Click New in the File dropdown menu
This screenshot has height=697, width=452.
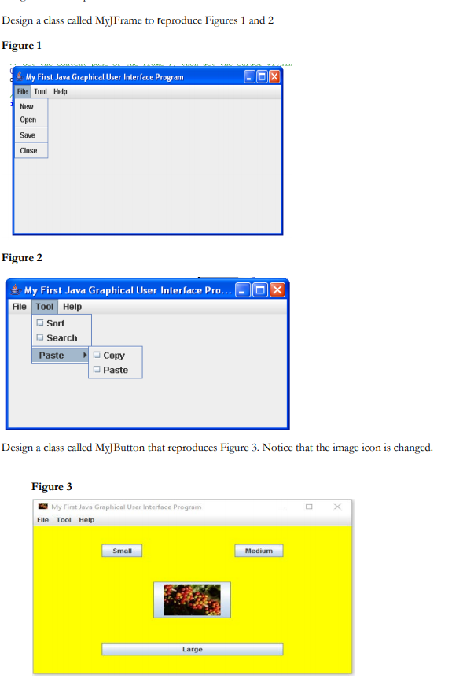tap(27, 106)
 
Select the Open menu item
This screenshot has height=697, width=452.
tap(28, 120)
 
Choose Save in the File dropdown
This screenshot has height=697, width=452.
tap(28, 135)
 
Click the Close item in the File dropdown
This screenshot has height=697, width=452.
tap(28, 150)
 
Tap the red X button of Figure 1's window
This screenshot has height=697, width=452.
tap(274, 77)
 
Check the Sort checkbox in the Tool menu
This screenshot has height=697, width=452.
tap(39, 323)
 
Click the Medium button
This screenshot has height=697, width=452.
tap(259, 551)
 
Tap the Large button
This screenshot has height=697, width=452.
tap(192, 649)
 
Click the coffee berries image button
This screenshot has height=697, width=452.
tap(192, 599)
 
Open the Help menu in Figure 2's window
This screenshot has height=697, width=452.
tap(72, 307)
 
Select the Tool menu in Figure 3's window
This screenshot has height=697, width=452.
tap(64, 520)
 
